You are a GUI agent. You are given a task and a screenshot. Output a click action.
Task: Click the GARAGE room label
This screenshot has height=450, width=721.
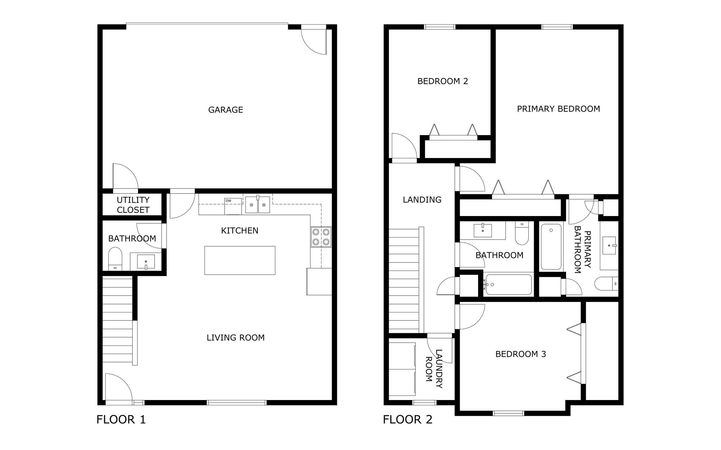tap(225, 110)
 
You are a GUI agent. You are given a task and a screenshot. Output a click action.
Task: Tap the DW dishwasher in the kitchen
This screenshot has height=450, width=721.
tap(233, 206)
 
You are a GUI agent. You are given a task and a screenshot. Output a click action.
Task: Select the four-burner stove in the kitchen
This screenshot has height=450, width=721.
tap(321, 237)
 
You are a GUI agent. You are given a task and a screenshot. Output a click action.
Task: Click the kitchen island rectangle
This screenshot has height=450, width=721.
tap(240, 260)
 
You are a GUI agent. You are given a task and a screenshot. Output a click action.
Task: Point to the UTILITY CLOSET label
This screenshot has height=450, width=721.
tap(133, 205)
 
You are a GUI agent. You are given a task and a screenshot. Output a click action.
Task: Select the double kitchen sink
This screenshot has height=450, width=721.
tap(257, 205)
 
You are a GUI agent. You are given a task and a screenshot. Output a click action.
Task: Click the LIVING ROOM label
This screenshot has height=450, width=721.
tap(235, 338)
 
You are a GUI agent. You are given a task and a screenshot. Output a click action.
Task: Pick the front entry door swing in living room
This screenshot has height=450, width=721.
tap(118, 387)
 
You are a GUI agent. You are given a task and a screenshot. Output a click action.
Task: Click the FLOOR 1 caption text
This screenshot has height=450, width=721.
tap(121, 419)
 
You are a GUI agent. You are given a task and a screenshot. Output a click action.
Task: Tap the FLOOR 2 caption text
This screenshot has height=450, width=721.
tap(407, 419)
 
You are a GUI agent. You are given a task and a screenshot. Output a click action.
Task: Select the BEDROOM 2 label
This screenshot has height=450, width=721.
tap(443, 81)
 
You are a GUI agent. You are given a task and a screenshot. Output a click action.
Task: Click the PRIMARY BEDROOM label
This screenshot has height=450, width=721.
tap(558, 109)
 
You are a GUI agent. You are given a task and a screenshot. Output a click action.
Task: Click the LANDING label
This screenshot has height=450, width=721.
tap(422, 200)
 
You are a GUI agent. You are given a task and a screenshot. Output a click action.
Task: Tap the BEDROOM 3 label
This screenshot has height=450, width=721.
tap(520, 354)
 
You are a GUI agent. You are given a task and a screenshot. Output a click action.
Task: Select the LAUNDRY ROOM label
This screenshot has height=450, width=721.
tap(434, 368)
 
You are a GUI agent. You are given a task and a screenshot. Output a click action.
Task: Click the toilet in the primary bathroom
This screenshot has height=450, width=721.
tap(606, 284)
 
